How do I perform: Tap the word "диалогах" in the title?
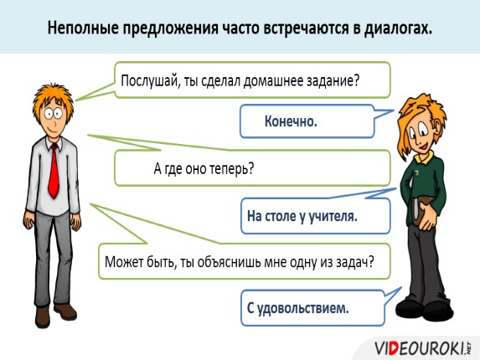(395, 28)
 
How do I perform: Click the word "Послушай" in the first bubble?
(148, 82)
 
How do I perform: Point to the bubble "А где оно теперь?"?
(251, 167)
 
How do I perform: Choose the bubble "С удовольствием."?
(310, 308)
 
